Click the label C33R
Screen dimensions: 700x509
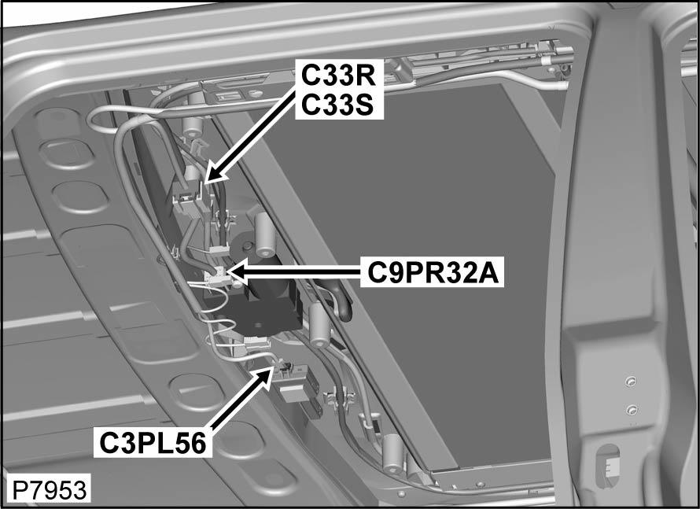(339, 75)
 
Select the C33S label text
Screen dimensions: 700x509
(337, 105)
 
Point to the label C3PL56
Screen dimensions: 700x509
(153, 443)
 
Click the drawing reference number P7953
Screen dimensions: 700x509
(49, 490)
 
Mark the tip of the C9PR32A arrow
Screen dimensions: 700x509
(229, 271)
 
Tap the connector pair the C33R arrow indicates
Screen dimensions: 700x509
(191, 200)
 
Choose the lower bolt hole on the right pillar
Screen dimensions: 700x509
(632, 409)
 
